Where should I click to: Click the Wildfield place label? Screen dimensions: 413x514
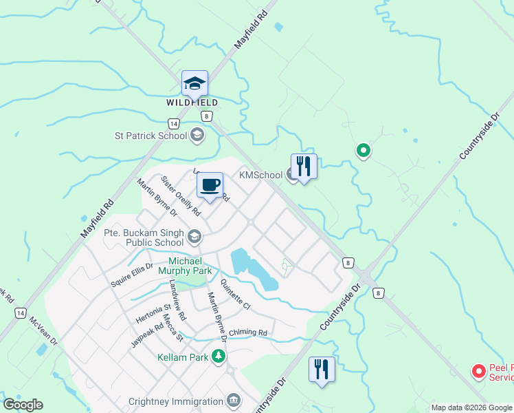192,103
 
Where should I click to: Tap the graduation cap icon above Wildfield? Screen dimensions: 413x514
194,84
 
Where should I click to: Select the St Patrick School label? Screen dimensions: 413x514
151,135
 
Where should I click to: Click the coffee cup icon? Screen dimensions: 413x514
210,185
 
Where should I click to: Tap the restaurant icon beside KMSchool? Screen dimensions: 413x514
304,166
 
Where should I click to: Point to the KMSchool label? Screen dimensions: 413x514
260,175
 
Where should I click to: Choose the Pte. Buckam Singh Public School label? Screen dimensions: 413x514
144,237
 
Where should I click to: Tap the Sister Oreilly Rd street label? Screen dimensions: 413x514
180,195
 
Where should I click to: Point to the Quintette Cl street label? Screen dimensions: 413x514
235,292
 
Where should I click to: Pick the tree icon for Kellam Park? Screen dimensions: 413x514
219,356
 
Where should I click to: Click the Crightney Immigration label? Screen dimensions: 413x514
177,401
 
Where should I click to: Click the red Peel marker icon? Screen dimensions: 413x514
478,372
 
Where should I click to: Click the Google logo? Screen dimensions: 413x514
23,405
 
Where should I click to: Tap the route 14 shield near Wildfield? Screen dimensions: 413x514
173,123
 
